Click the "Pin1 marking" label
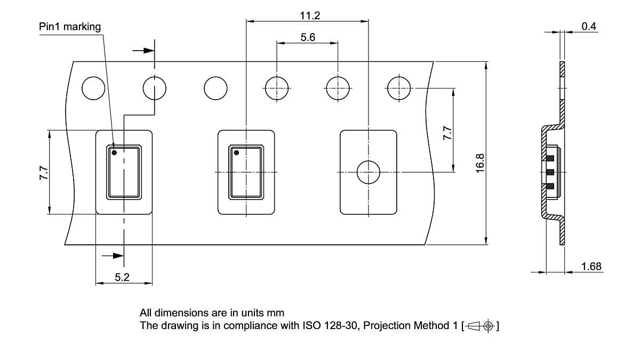pos(70,27)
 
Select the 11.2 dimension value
pos(309,15)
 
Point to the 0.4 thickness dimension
pos(589,26)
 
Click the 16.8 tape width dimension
pos(479,162)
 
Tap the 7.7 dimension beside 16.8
pos(447,132)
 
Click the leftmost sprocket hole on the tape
pos(93,88)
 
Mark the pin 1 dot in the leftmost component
pos(114,153)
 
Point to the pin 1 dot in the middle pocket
pos(237,153)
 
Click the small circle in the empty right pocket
pos(368,172)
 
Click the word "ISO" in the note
pos(313,325)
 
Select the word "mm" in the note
pos(276,313)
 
